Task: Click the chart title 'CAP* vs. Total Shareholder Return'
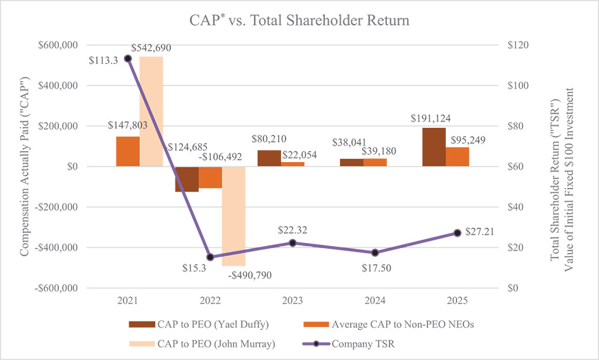[x=299, y=20]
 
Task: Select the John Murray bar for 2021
[x=151, y=111]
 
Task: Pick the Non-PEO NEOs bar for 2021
[x=128, y=151]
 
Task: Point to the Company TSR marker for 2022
[x=210, y=258]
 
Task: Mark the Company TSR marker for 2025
[x=457, y=233]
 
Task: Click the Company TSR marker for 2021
[x=128, y=59]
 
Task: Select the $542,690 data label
[x=151, y=48]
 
